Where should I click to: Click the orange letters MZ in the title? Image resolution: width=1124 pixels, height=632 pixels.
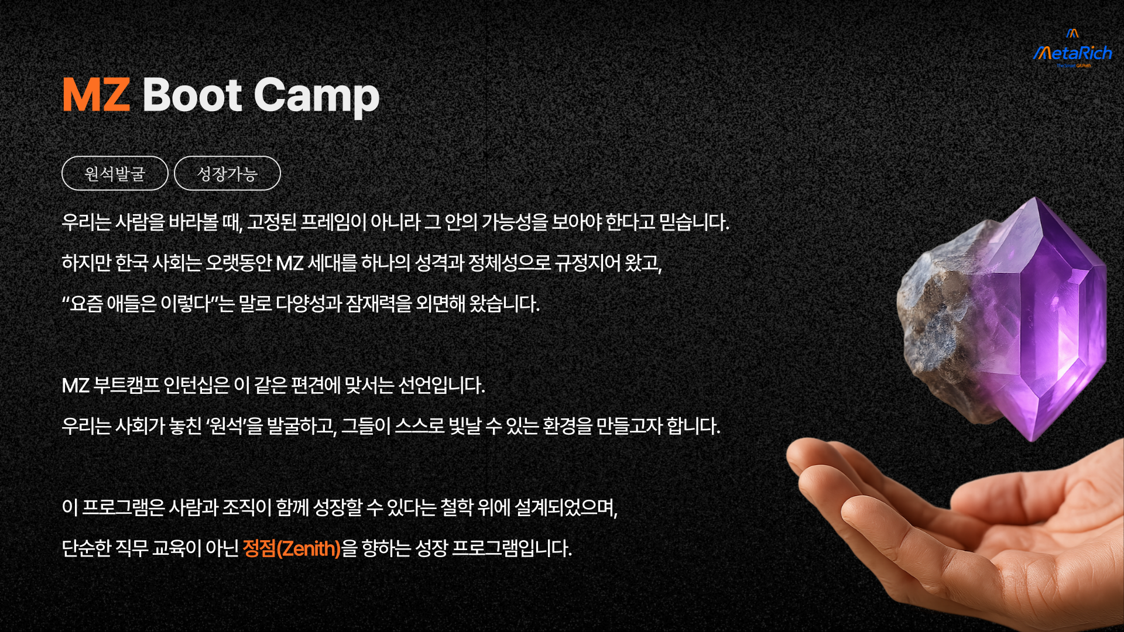(96, 95)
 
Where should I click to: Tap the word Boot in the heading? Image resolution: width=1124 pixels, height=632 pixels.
(192, 95)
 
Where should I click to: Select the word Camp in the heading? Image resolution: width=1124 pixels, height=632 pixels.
(317, 97)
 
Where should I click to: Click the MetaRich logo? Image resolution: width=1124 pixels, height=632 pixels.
(1072, 49)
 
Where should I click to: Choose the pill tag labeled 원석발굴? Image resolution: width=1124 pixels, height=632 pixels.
(115, 173)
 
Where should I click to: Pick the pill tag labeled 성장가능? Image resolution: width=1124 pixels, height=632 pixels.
(227, 173)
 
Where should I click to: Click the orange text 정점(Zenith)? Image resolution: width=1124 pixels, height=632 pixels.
(292, 548)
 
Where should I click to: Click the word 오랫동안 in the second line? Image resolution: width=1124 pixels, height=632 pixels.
(239, 263)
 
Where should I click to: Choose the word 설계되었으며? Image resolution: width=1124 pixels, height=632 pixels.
(566, 507)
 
